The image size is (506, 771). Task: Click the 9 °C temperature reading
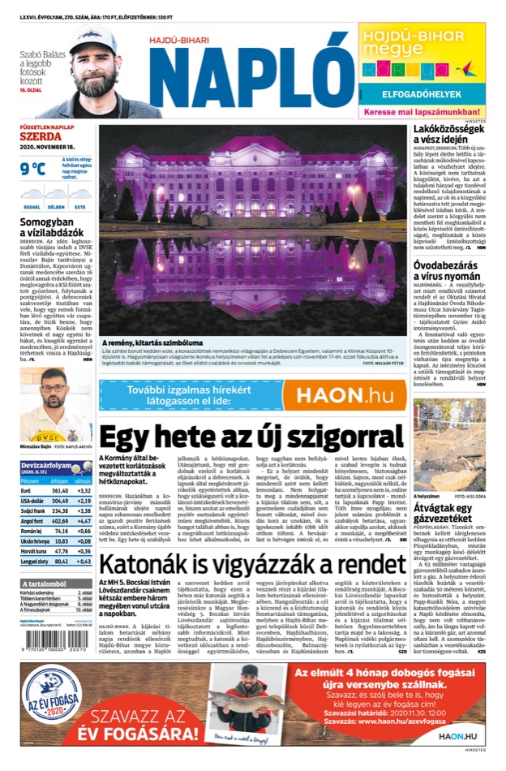tap(33, 169)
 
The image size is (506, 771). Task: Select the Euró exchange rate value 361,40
tap(60, 490)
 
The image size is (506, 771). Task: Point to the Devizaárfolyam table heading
tap(45, 464)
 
